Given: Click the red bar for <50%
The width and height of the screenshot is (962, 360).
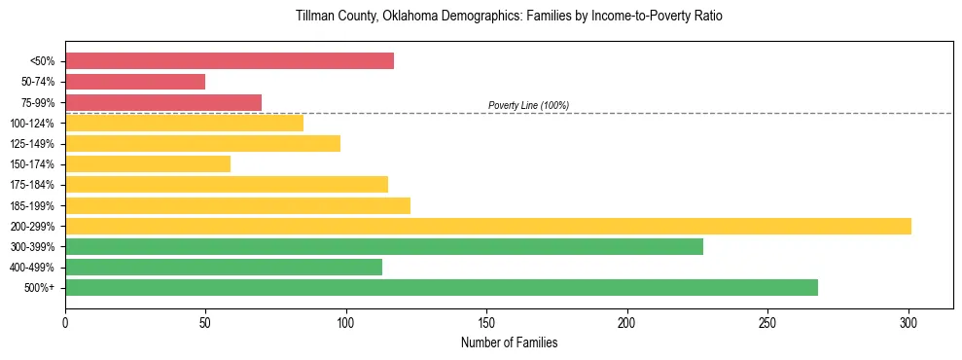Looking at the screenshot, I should [230, 61].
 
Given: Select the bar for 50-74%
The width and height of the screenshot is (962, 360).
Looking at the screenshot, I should [135, 82].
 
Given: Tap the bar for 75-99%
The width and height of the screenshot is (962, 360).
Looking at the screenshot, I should [163, 102].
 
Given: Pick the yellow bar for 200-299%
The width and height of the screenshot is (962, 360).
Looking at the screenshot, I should [488, 226].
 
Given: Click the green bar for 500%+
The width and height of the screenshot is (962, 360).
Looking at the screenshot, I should [442, 287].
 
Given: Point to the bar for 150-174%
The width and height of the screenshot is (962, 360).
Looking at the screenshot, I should [148, 163].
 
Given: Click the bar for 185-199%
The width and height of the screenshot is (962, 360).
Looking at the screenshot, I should [238, 205].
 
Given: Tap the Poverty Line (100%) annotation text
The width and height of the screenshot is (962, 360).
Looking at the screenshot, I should [528, 105].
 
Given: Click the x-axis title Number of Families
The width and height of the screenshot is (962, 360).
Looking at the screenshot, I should [509, 342].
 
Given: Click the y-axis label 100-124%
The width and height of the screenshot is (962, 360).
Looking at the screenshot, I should [32, 124].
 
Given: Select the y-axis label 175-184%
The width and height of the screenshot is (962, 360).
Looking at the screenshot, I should [32, 185].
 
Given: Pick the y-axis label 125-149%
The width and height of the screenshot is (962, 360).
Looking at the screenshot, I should [32, 144].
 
